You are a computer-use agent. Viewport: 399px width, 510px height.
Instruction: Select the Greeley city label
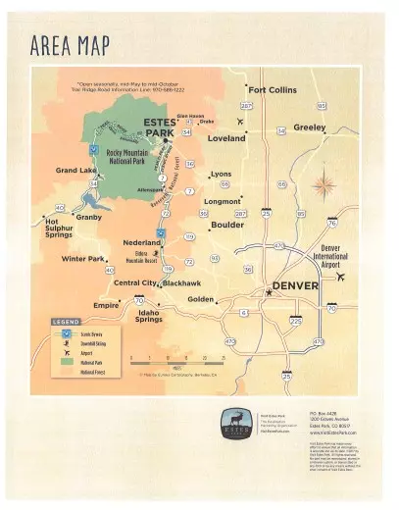click(310, 127)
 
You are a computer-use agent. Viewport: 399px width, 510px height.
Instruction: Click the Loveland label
click(226, 138)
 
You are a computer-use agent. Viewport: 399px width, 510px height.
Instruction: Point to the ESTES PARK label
click(161, 126)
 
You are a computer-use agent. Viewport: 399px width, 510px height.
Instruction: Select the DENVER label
click(295, 285)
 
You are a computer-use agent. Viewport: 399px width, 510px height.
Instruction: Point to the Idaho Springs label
click(149, 316)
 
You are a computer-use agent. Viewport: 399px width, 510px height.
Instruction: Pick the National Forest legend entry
click(95, 374)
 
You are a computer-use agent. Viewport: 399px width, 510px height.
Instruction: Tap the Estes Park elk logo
click(233, 420)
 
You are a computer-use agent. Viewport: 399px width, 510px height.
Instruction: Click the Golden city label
click(200, 298)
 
